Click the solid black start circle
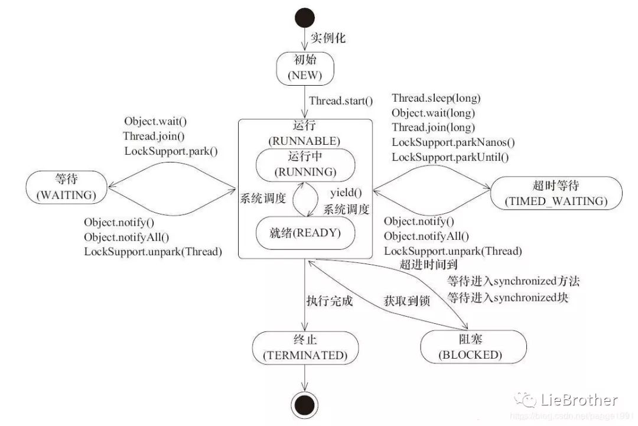coord(305,18)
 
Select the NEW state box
coord(305,69)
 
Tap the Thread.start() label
coord(341,101)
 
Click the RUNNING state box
coord(305,165)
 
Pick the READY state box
coord(305,233)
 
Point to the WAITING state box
coord(66,187)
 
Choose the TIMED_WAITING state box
coord(556,193)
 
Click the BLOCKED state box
coord(473,347)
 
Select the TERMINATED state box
coord(305,347)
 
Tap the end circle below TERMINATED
coord(304,405)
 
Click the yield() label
coord(346,193)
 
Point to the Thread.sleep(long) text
coord(436,98)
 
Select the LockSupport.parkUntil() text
coord(450,157)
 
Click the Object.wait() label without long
coord(155,121)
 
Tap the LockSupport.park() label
coord(171,151)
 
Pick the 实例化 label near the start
coord(328,38)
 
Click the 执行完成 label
coord(330,301)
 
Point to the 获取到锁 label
coord(407,301)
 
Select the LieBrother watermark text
coord(578,401)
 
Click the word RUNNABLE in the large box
coord(304,141)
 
